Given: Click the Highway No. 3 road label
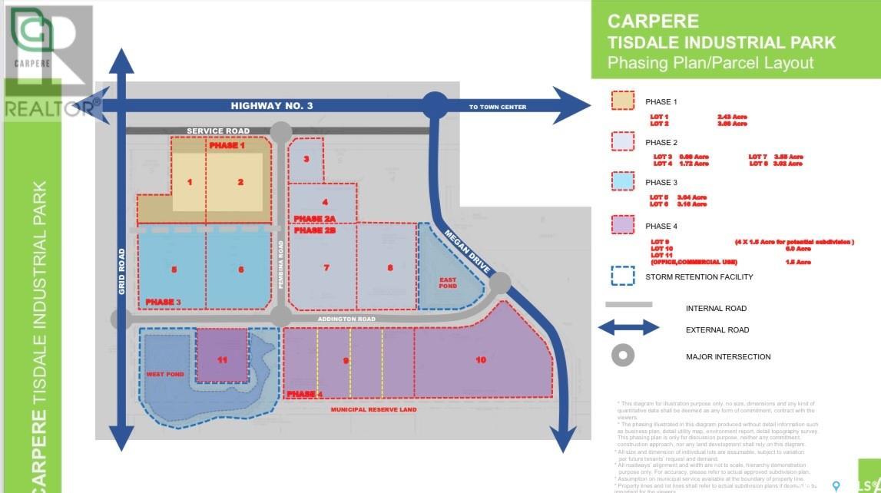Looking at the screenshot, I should point(271,106).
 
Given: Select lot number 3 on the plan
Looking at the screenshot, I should point(306,160).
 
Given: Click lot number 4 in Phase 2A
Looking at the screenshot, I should point(325,202).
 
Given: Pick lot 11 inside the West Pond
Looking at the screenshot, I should point(222,359).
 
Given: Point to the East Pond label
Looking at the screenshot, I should point(448,283).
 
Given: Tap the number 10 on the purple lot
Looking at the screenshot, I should point(481,359).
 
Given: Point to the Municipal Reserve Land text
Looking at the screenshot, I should point(373,410).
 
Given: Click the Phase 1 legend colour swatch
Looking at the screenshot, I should point(622,101).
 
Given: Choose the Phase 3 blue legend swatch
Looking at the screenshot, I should point(622,183).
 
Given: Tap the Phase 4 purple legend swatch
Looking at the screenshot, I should point(622,226).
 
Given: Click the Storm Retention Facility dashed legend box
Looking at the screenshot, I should point(622,277).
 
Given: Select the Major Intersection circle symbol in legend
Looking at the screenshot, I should point(623,356).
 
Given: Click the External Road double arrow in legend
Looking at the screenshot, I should point(628,329).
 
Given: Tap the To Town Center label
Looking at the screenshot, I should point(498,107).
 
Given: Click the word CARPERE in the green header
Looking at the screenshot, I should point(642,21).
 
